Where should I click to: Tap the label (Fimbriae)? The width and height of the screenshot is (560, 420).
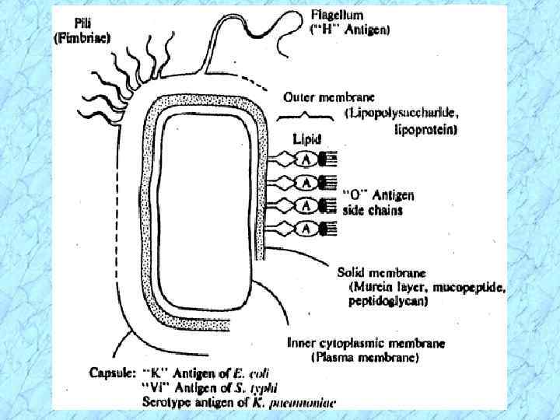click(x=82, y=37)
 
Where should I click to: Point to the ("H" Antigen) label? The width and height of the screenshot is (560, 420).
click(x=351, y=30)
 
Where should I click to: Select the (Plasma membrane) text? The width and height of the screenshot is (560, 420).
click(x=365, y=358)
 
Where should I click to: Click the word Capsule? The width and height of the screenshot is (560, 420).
click(x=109, y=372)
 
